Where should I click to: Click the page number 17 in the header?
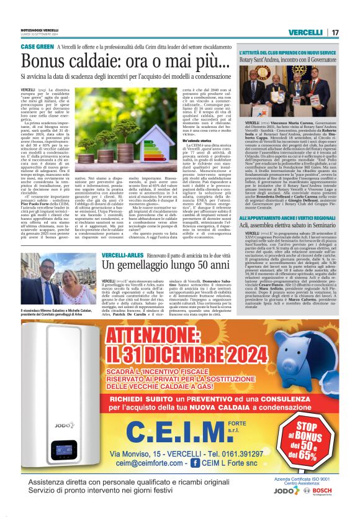pyautogui.click(x=335, y=32)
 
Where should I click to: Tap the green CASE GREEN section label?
pyautogui.click(x=37, y=47)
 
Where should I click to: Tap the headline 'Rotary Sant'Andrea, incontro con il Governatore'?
pyautogui.click(x=290, y=61)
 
